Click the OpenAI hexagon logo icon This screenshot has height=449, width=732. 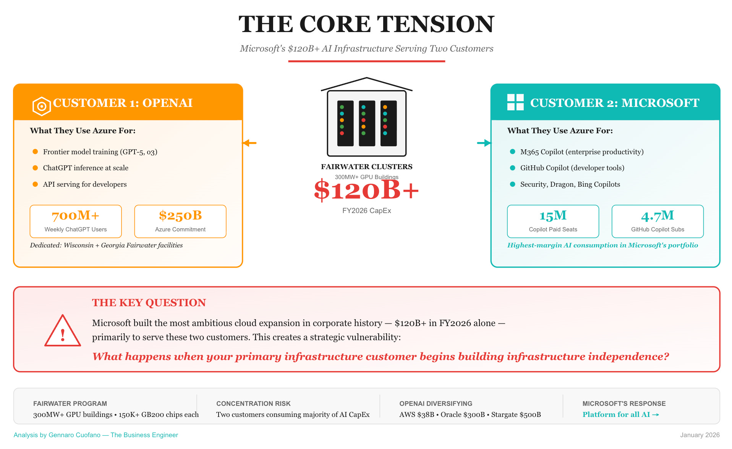coord(42,106)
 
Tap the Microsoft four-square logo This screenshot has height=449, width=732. coord(515,102)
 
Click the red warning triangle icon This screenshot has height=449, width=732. coord(63,331)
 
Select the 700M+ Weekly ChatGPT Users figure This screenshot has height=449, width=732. coord(76,216)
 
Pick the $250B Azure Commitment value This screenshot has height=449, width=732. coord(180,216)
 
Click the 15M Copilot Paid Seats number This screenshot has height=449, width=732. coord(553,216)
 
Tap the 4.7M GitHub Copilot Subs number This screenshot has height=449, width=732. coord(657,216)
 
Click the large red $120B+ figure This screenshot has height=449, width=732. coord(366,190)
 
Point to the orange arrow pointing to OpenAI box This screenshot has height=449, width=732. coord(249,143)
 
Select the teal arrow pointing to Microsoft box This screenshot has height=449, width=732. coord(484,143)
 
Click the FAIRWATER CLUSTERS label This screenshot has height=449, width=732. coord(366,167)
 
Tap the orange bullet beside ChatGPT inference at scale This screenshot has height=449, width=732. coord(35,168)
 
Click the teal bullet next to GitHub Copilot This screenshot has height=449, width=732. coord(513,168)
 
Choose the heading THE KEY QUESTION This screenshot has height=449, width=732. coord(149,303)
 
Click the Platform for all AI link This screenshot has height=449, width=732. coord(620,415)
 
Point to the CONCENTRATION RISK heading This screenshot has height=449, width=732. coord(253,404)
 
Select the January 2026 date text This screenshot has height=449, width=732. coord(700,435)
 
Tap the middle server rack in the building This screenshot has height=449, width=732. coord(367,123)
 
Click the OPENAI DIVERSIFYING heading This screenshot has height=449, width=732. coord(436,404)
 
